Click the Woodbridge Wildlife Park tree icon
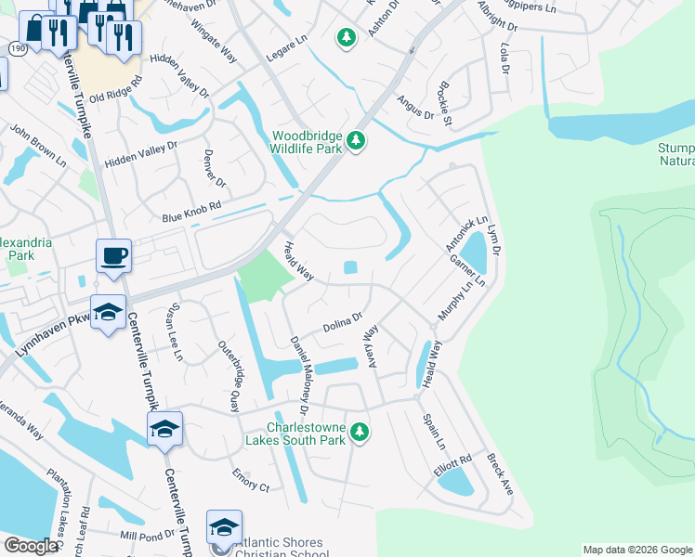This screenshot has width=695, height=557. [356, 142]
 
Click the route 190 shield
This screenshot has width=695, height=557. [18, 47]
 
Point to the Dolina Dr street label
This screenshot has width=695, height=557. [342, 325]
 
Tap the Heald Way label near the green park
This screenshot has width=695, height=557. [299, 259]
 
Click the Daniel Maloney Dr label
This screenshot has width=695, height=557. [298, 374]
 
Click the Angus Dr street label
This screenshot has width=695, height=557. [415, 108]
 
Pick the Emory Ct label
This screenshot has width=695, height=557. [251, 486]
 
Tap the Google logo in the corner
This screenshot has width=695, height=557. [30, 546]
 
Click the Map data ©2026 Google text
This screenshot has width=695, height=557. [636, 550]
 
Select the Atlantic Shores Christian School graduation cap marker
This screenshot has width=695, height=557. [224, 527]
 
